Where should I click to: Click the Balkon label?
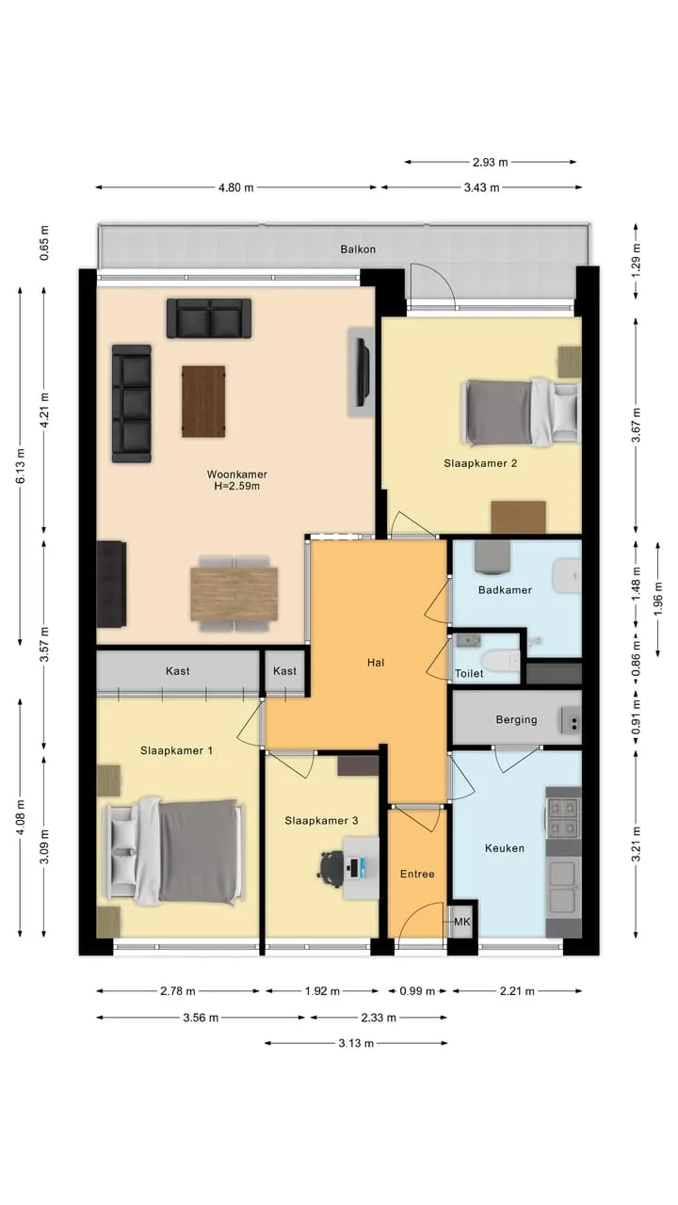tap(358, 249)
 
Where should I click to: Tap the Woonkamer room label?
tap(236, 474)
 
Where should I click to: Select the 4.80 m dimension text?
tap(235, 187)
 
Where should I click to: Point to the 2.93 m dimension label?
tap(491, 162)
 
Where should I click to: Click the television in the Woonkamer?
tap(363, 372)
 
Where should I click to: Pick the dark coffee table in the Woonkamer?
tap(203, 401)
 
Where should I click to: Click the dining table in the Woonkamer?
tap(234, 594)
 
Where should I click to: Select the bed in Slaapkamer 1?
tap(173, 850)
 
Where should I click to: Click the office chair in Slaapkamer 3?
tap(331, 865)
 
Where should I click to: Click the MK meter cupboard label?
tap(462, 922)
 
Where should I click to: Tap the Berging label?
tap(517, 719)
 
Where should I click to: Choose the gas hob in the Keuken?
tap(563, 817)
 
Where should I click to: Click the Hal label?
tap(376, 663)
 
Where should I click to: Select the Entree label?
tap(417, 875)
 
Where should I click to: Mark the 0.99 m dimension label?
tap(417, 991)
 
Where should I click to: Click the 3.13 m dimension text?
tap(356, 1043)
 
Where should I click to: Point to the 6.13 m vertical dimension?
tap(21, 465)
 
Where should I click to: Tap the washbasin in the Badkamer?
tap(568, 575)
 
